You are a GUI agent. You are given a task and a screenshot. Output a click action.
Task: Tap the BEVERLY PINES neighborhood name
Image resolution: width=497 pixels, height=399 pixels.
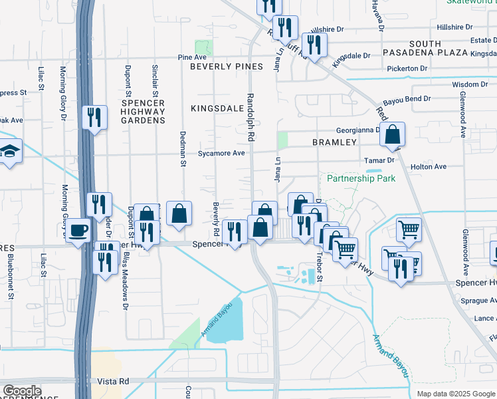pos(226,66)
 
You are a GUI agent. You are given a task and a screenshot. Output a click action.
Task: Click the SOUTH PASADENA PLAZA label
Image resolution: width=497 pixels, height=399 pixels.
pos(429,49)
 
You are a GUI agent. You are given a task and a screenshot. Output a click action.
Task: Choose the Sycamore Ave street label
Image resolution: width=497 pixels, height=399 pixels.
pos(221,153)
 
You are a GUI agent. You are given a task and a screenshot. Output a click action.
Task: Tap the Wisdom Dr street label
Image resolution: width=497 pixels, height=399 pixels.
pos(470,84)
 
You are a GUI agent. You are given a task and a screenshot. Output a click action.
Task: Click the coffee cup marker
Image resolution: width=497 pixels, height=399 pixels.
pos(79,230)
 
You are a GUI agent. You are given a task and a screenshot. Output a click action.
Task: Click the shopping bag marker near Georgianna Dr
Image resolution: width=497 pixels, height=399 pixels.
pos(393,134)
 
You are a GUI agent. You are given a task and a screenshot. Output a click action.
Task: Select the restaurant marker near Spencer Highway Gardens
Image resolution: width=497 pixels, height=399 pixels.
pos(94,118)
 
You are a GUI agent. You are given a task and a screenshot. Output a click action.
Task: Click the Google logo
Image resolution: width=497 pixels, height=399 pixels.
pos(23,391)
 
